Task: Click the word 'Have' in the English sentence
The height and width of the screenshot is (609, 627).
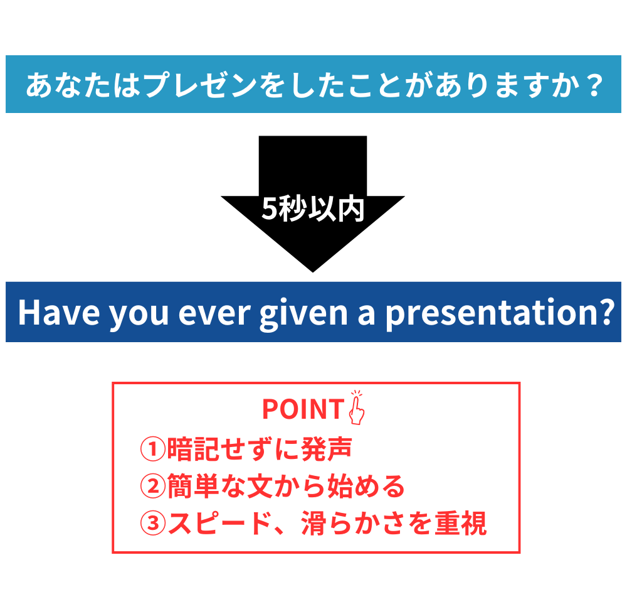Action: click(59, 313)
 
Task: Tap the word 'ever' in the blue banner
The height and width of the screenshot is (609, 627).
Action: click(214, 314)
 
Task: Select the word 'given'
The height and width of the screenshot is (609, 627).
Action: click(303, 315)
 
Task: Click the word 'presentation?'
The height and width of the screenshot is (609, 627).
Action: click(500, 315)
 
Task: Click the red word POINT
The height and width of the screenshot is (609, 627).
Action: click(303, 409)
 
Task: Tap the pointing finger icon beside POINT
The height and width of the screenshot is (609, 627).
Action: click(357, 407)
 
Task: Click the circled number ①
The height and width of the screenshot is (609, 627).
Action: click(153, 449)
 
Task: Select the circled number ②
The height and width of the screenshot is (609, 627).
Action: click(153, 486)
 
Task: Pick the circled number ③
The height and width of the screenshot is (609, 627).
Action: click(153, 523)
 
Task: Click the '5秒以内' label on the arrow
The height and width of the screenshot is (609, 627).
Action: click(313, 209)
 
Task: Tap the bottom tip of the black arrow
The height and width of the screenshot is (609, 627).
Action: click(313, 272)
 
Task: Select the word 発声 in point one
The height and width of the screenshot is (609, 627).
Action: click(327, 449)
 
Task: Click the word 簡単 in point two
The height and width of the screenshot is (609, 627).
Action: click(192, 486)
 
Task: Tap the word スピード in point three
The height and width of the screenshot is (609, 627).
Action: click(220, 524)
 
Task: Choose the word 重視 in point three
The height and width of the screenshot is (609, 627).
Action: click(461, 524)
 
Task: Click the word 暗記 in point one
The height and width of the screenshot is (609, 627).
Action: click(192, 449)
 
